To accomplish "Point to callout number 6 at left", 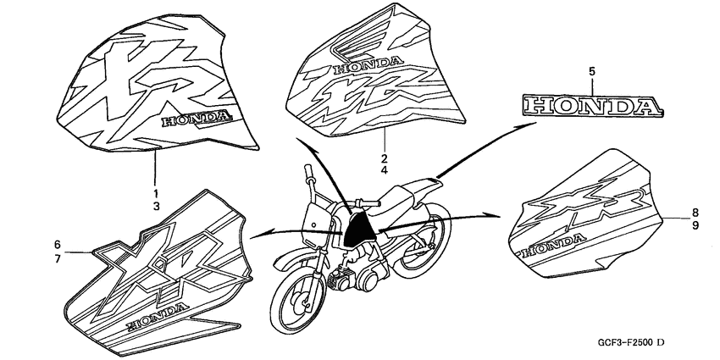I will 57,245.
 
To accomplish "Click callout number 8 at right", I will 694,213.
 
